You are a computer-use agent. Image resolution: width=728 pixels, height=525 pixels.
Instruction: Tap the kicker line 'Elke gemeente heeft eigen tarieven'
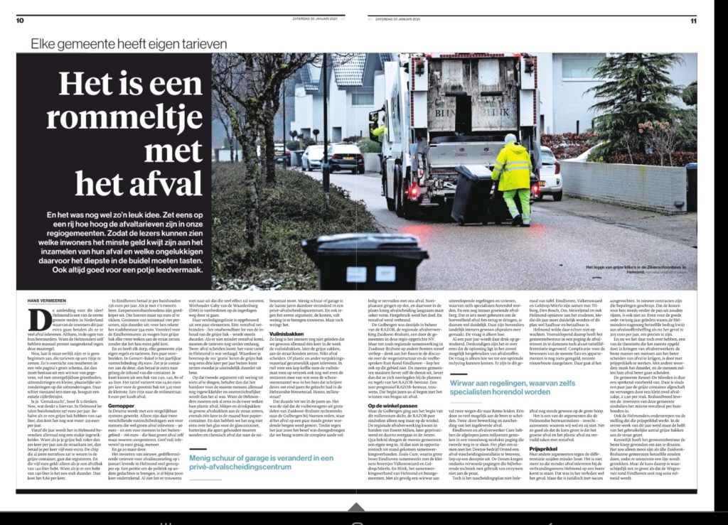tap(129, 43)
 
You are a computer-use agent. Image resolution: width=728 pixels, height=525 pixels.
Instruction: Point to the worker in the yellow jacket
tap(511, 178)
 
